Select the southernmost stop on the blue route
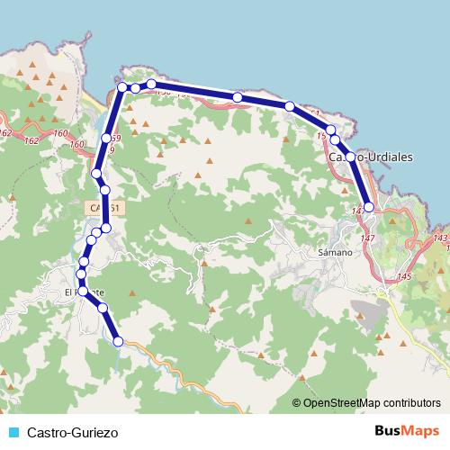[x=118, y=341]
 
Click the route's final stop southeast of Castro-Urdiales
[x=368, y=208]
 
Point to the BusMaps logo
[x=407, y=432]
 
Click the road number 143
[x=440, y=238]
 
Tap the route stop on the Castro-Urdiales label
[x=349, y=157]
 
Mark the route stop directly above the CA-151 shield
[x=105, y=190]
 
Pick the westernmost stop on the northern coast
[x=121, y=87]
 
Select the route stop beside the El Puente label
[x=84, y=290]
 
